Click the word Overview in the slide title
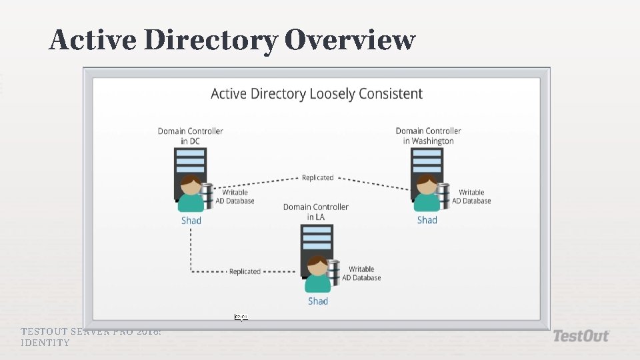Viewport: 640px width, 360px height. pos(350,40)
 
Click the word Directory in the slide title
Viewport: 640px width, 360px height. pos(211,40)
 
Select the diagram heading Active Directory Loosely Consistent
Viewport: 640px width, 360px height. pos(317,94)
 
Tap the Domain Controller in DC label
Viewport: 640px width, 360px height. pos(191,136)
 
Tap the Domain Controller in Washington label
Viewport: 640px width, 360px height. pos(428,136)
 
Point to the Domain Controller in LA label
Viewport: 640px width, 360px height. pos(316,212)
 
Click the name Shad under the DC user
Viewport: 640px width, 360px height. pos(191,221)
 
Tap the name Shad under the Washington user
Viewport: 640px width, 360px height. pos(427,220)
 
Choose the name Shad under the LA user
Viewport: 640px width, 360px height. pos(318,301)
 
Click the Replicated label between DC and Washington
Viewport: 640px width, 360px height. pos(317,178)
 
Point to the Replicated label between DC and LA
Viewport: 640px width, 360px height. pos(245,271)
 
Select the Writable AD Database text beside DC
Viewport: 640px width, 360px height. pos(235,197)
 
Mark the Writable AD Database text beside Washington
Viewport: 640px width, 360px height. pos(471,197)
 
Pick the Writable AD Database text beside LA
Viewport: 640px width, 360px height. pos(361,273)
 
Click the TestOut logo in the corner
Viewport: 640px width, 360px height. pos(581,336)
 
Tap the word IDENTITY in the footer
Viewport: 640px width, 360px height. pos(45,343)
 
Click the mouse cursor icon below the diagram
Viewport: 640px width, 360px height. pos(241,317)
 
